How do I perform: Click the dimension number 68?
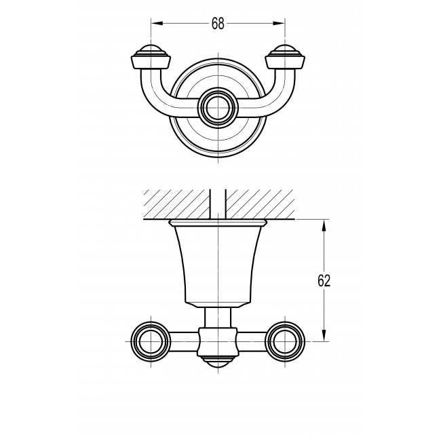[x=218, y=24]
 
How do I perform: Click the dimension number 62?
[x=324, y=280]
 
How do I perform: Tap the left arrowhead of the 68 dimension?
[x=157, y=24]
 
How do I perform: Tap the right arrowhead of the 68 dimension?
[x=280, y=24]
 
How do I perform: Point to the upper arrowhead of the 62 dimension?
[x=324, y=225]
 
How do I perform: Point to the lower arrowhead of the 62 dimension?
[x=324, y=336]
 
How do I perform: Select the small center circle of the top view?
[x=218, y=108]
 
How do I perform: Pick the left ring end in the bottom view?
[x=151, y=341]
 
